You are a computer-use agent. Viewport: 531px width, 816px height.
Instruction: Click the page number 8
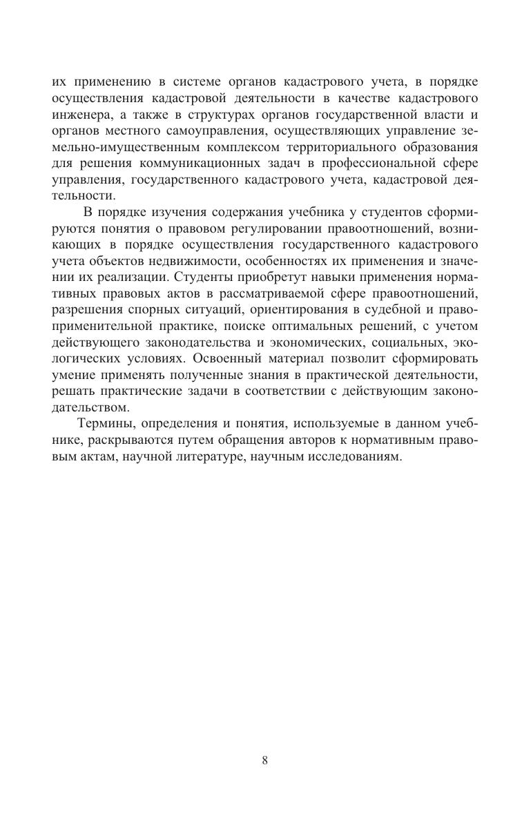coord(265,761)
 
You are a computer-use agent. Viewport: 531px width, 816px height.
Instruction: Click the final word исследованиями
coord(349,456)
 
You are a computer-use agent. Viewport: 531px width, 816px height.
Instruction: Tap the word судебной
coord(386,310)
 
